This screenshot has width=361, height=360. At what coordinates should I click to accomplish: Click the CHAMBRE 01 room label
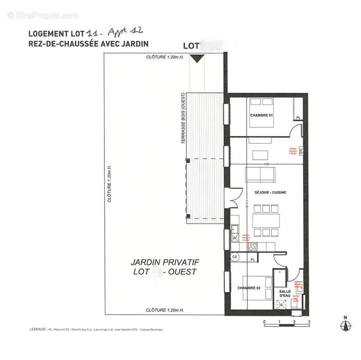[x=262, y=116]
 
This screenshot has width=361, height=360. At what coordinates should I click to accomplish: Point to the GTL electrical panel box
[x=301, y=151]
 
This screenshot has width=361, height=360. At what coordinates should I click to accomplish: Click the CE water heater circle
[x=235, y=257]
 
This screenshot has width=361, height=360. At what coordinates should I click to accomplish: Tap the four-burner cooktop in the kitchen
[x=253, y=247]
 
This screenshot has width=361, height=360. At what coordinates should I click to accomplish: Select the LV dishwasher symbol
[x=235, y=237]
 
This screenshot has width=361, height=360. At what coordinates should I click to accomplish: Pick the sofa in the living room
[x=262, y=174]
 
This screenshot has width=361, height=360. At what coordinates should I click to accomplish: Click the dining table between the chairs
[x=266, y=220]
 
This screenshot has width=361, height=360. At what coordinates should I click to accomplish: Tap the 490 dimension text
[x=266, y=164]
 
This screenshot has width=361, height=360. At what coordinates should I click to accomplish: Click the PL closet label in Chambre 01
[x=298, y=118]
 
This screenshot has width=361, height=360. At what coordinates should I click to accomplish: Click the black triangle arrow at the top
[x=197, y=58]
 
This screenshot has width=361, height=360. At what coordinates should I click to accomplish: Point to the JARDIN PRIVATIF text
[x=165, y=262]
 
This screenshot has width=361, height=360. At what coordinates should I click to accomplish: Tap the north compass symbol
[x=345, y=325]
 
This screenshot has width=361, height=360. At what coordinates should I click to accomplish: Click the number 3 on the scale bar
[x=309, y=322]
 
